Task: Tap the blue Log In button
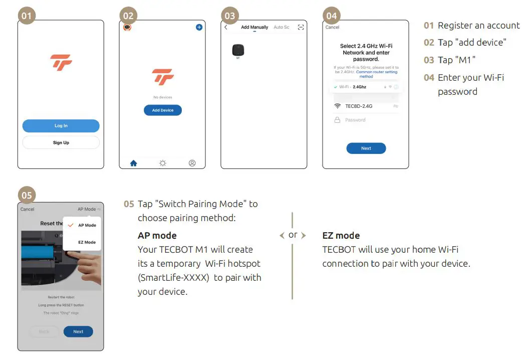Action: point(61,126)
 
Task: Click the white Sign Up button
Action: point(61,143)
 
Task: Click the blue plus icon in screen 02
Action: point(199,27)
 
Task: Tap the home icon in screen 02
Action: point(133,163)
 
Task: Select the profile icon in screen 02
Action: point(192,163)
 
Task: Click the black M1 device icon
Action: point(238,50)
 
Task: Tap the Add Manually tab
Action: point(254,27)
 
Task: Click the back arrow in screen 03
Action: point(226,27)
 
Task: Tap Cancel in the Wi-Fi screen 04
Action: point(332,27)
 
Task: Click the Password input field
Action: point(366,120)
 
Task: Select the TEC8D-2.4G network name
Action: point(359,106)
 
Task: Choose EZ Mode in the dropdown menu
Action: point(87,242)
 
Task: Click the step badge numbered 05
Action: point(27,195)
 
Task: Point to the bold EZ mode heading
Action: point(341,236)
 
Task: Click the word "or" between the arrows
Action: point(293,235)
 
